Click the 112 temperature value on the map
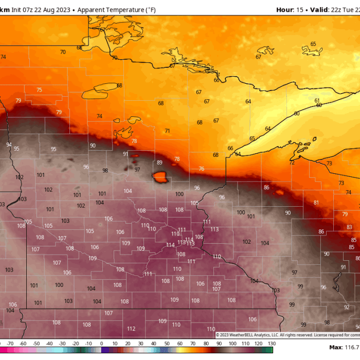131,329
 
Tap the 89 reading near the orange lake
159,163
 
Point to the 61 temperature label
317,101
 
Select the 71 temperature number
167,131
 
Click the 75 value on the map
39,90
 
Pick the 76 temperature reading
201,169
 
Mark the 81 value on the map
316,203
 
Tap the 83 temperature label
349,227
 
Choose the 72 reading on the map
292,163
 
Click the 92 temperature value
346,307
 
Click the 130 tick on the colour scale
272,344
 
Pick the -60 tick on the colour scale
23,344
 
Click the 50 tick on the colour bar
167,344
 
